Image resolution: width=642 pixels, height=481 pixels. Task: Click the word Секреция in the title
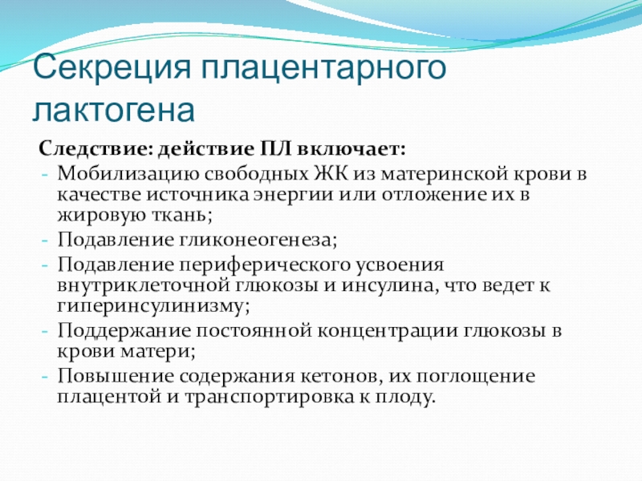(x=112, y=67)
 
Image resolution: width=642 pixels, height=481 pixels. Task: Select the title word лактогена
(x=114, y=110)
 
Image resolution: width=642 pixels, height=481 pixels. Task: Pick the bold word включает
(x=351, y=149)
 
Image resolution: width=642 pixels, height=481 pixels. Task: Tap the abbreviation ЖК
(x=331, y=173)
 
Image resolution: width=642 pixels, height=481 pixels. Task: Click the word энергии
(x=293, y=195)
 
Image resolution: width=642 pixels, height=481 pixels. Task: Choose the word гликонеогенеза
(x=258, y=240)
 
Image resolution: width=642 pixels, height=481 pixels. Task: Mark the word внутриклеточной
(x=144, y=285)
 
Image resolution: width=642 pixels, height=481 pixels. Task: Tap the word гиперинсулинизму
(x=153, y=306)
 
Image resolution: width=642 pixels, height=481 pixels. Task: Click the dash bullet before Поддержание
(x=45, y=331)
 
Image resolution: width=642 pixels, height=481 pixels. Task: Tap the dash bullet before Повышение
(x=45, y=377)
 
